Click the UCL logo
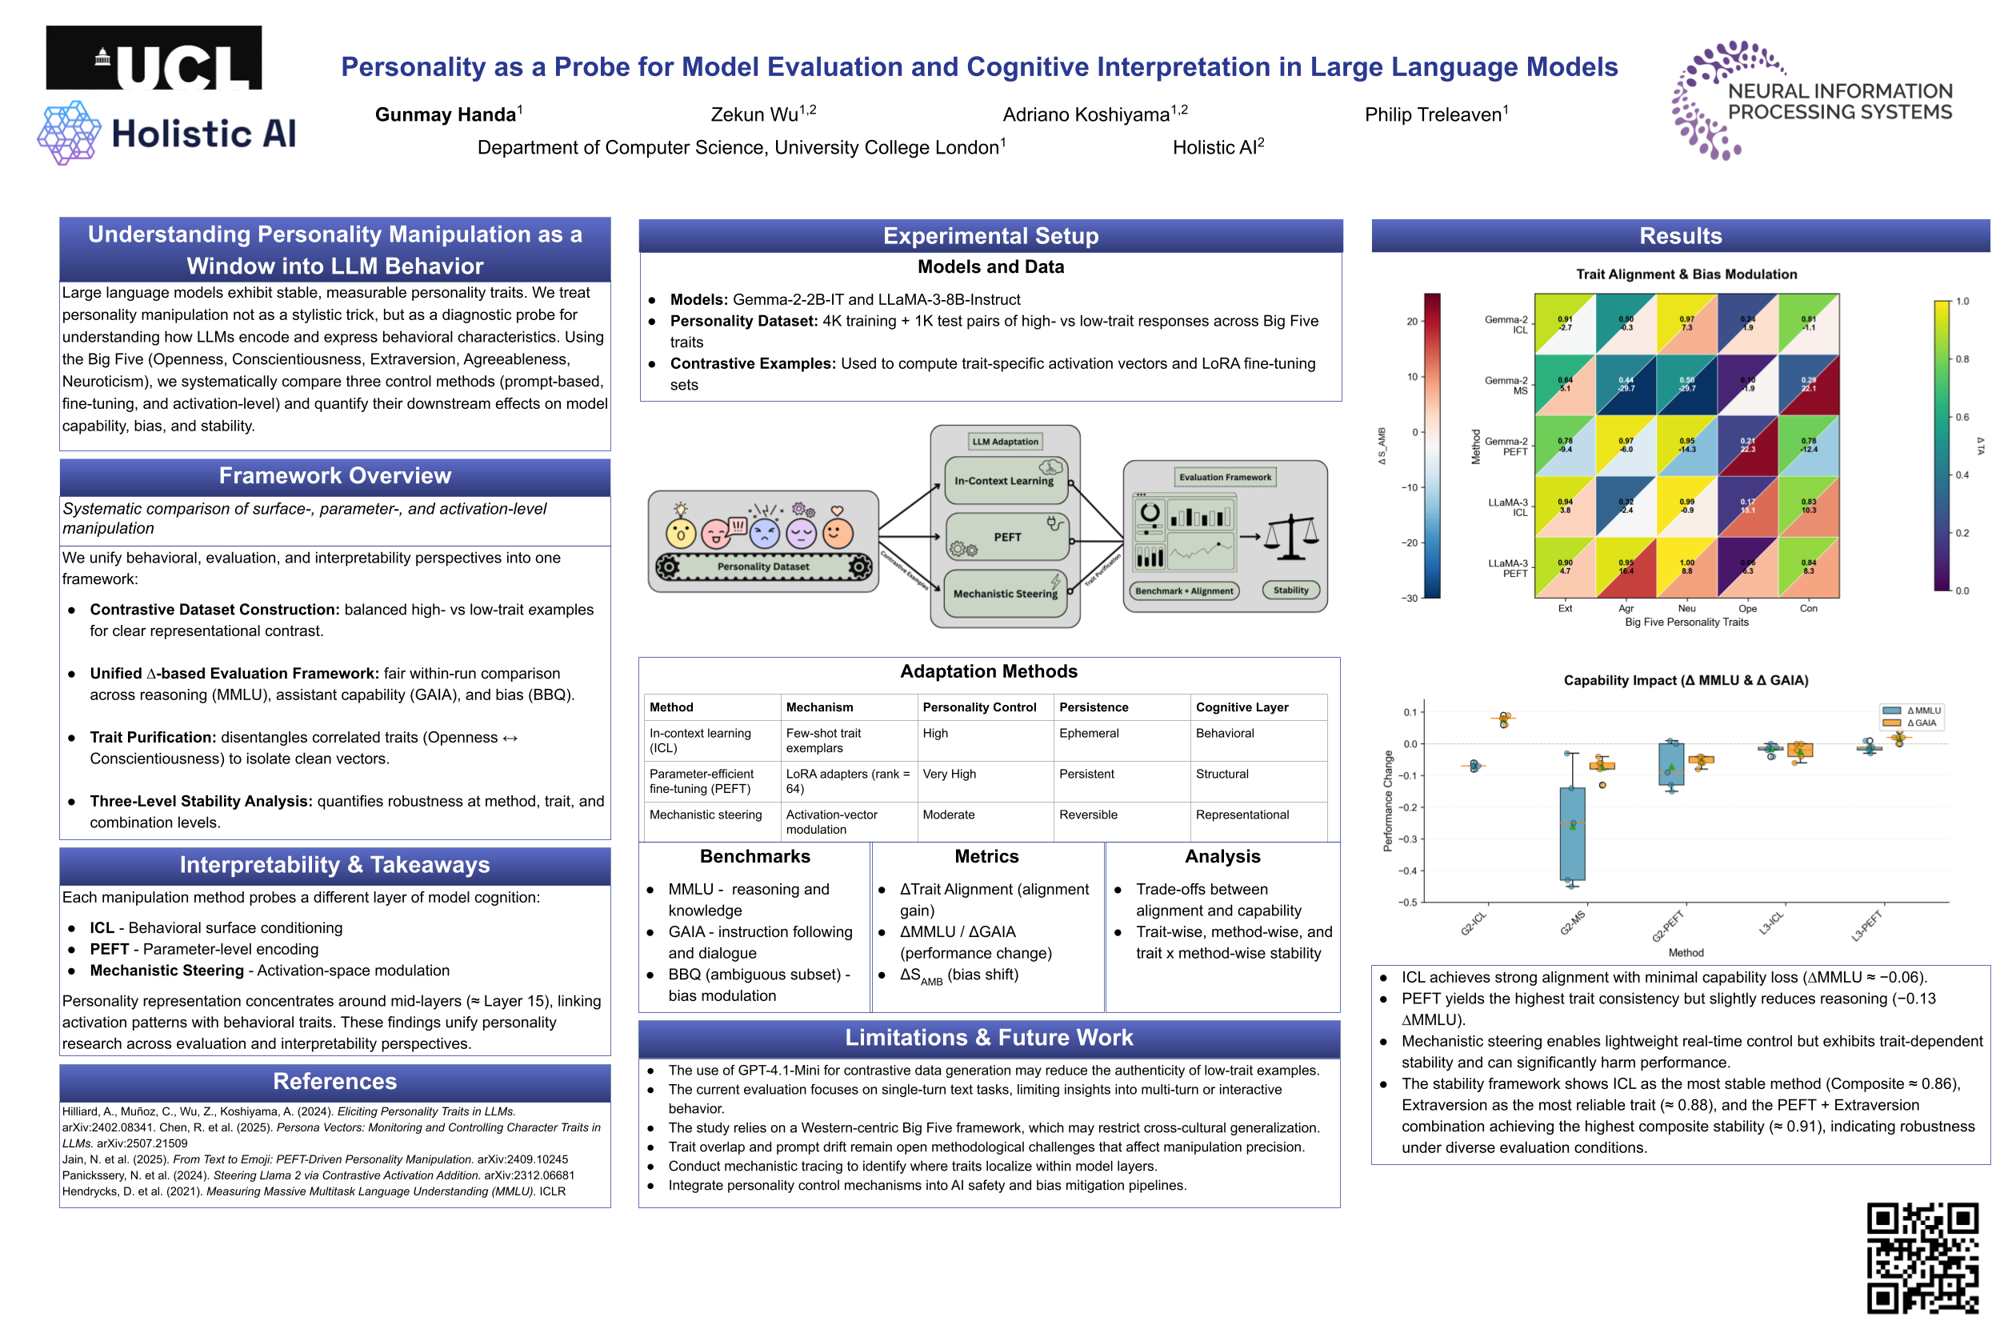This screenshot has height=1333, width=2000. (x=153, y=58)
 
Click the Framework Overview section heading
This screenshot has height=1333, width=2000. (x=335, y=476)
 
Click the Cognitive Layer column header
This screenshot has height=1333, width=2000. (x=1241, y=707)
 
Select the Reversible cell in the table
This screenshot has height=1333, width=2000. (x=1087, y=815)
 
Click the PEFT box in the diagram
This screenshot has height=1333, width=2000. (x=1006, y=538)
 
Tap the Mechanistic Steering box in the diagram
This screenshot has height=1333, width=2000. (x=1005, y=594)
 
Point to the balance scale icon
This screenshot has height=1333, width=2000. (x=1290, y=538)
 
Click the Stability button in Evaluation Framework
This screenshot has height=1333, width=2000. (x=1290, y=590)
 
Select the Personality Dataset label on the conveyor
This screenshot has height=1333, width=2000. (x=762, y=566)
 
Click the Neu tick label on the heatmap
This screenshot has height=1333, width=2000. (x=1686, y=609)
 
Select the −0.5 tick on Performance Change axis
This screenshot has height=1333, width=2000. (x=1409, y=902)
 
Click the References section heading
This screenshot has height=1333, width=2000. (x=335, y=1082)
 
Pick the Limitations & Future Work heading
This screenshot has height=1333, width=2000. (x=989, y=1038)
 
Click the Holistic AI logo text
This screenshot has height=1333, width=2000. (x=204, y=134)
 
